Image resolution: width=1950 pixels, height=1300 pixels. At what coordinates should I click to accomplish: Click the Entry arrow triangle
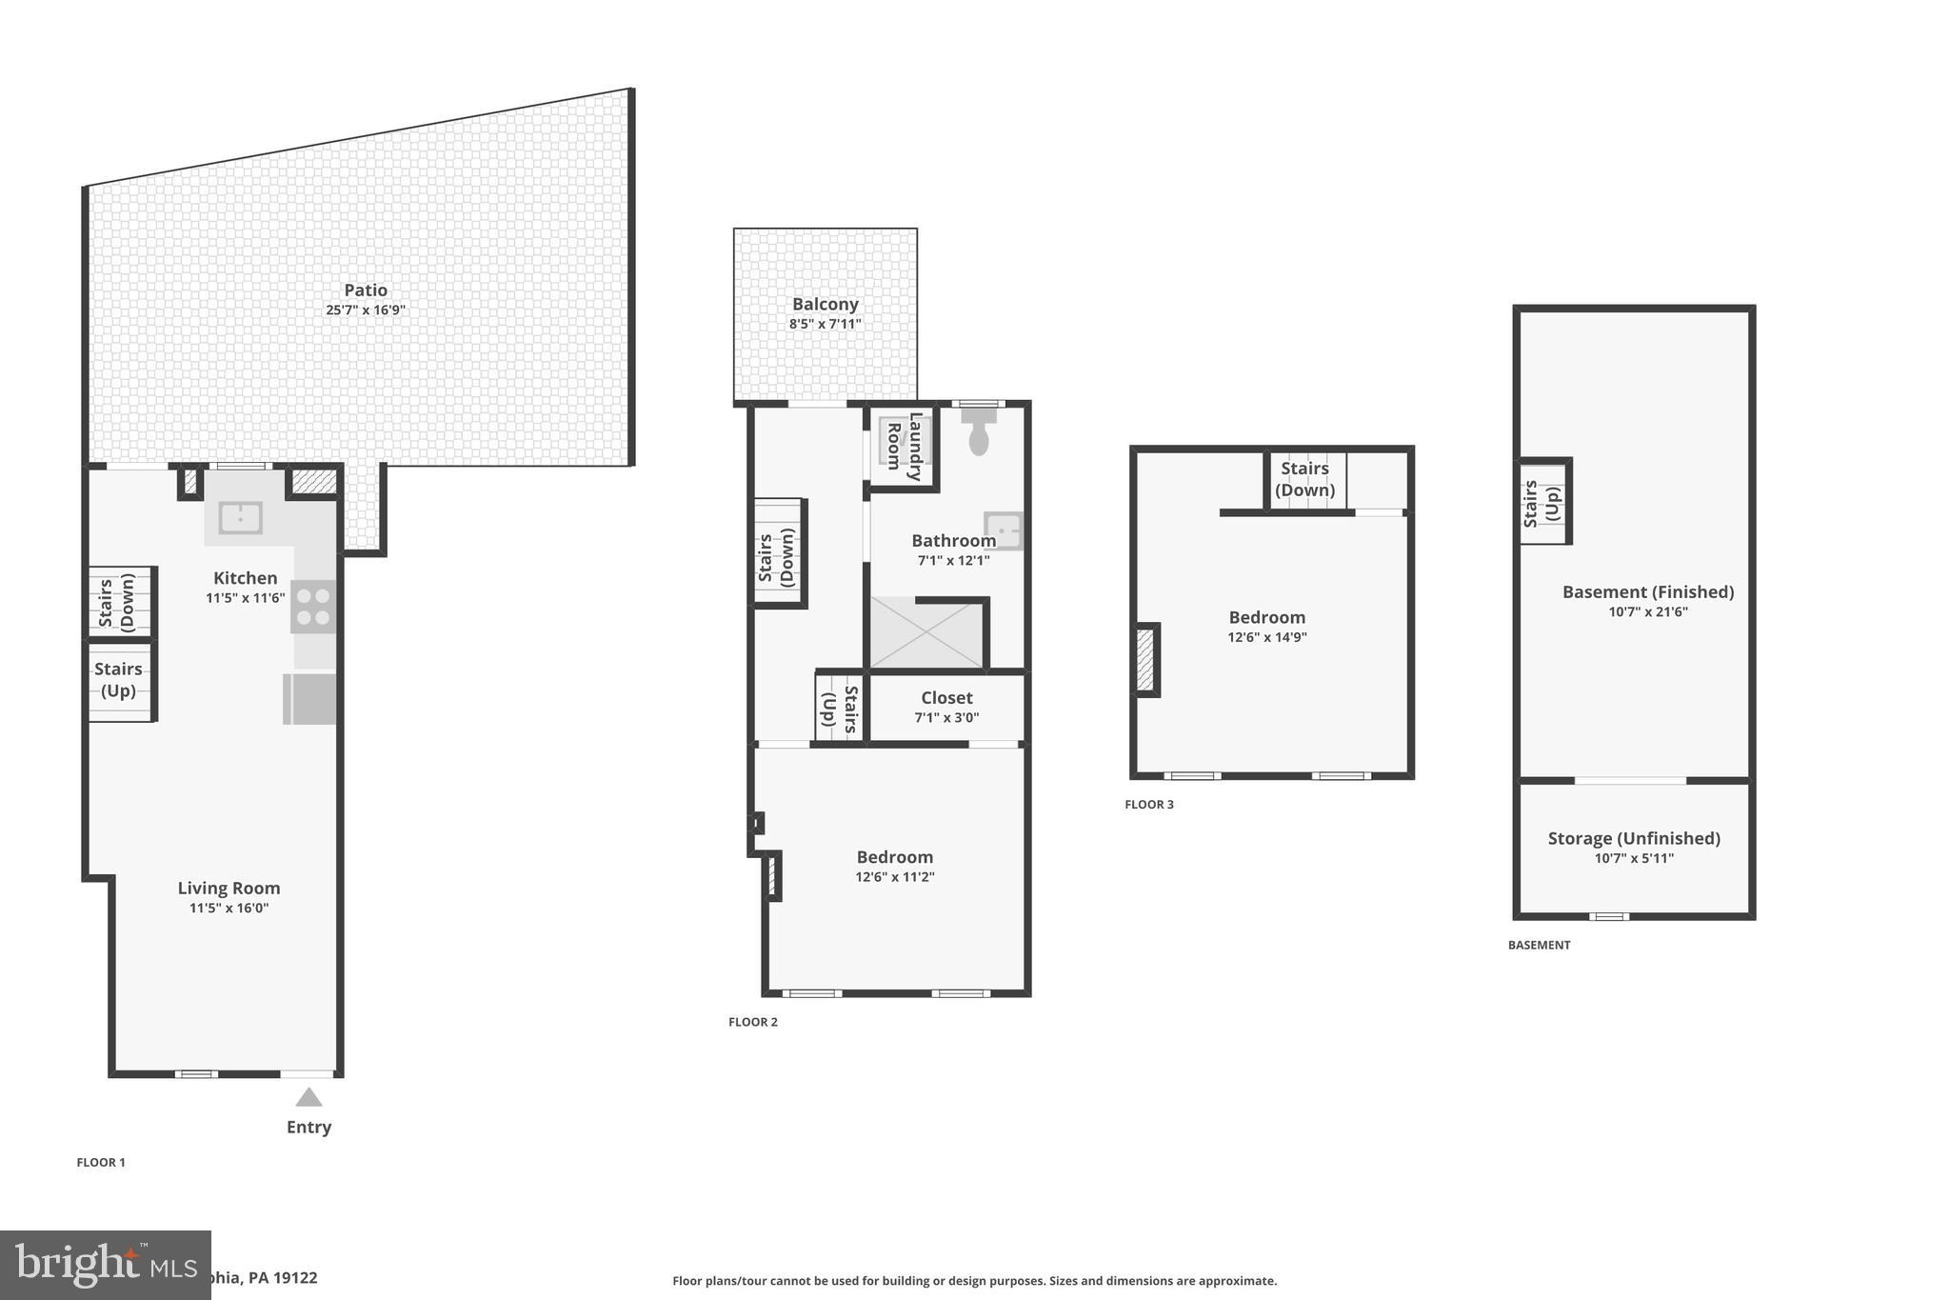(x=308, y=1097)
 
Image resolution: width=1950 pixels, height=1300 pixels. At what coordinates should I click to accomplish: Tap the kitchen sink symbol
(x=241, y=518)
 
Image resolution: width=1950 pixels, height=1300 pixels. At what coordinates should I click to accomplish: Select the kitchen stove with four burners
(x=313, y=606)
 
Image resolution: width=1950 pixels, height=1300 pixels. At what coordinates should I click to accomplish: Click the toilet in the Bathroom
(x=979, y=433)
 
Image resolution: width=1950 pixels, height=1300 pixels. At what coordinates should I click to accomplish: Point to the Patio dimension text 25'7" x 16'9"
(x=366, y=310)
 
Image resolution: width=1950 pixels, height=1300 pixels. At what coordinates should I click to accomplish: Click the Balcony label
(x=826, y=304)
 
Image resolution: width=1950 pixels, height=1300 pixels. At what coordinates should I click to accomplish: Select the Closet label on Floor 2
(x=946, y=698)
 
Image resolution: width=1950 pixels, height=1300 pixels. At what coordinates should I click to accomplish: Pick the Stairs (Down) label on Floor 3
(x=1304, y=479)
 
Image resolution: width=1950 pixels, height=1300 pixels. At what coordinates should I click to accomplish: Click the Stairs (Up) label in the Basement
(x=1542, y=504)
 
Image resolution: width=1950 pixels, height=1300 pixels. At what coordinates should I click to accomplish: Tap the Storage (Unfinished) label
(x=1634, y=838)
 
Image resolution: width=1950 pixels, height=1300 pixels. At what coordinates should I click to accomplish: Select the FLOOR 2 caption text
(x=753, y=1022)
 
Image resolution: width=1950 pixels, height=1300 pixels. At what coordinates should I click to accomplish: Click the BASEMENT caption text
(x=1539, y=945)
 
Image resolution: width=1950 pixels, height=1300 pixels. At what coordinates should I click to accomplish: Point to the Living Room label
(x=229, y=888)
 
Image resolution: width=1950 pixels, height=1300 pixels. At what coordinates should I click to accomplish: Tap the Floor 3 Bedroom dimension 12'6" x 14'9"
(x=1266, y=637)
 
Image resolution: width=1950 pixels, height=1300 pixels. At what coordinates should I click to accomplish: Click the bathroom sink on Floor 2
(x=1004, y=530)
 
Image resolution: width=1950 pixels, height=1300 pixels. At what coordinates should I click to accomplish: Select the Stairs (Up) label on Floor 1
(x=118, y=680)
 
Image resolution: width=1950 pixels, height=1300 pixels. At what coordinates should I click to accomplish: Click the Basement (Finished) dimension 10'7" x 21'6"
(x=1648, y=611)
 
